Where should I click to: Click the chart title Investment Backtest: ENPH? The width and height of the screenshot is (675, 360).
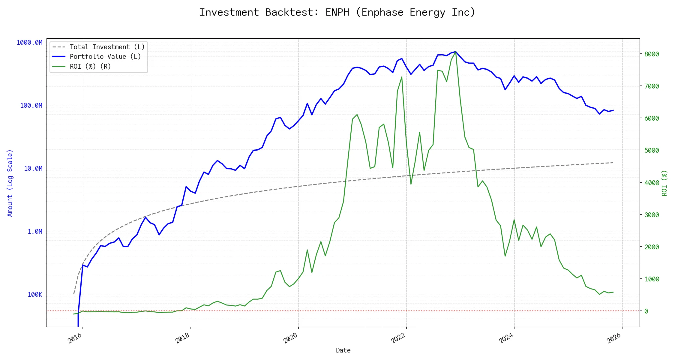pyautogui.click(x=337, y=13)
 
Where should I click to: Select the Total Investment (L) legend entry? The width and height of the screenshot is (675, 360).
pyautogui.click(x=107, y=47)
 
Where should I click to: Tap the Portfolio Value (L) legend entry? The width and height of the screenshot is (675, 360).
pyautogui.click(x=105, y=57)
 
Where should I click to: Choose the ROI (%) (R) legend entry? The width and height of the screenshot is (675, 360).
pyautogui.click(x=90, y=67)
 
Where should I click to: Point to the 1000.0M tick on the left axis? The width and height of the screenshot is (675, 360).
pyautogui.click(x=29, y=43)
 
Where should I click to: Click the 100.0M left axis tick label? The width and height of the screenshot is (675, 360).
pyautogui.click(x=31, y=106)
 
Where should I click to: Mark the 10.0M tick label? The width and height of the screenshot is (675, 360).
pyautogui.click(x=33, y=169)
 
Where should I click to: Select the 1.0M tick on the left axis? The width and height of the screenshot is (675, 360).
pyautogui.click(x=35, y=232)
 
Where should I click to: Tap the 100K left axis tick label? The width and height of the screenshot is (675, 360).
pyautogui.click(x=35, y=295)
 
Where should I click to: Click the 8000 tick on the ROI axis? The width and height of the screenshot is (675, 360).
pyautogui.click(x=652, y=54)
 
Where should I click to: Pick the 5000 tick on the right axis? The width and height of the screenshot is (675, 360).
pyautogui.click(x=652, y=151)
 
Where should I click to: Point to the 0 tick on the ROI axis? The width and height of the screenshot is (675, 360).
pyautogui.click(x=646, y=311)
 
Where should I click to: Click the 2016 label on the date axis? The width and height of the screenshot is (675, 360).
pyautogui.click(x=75, y=338)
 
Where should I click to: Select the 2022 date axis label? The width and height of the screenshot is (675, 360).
pyautogui.click(x=398, y=338)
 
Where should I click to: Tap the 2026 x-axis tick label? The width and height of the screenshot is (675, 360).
pyautogui.click(x=614, y=338)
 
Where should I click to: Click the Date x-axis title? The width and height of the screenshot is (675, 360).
pyautogui.click(x=343, y=350)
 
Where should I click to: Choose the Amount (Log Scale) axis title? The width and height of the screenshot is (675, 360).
pyautogui.click(x=10, y=183)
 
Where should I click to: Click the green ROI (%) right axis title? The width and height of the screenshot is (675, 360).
pyautogui.click(x=664, y=183)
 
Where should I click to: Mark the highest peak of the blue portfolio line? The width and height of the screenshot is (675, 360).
pyautogui.click(x=455, y=52)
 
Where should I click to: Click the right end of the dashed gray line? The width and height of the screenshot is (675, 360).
pyautogui.click(x=613, y=163)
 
